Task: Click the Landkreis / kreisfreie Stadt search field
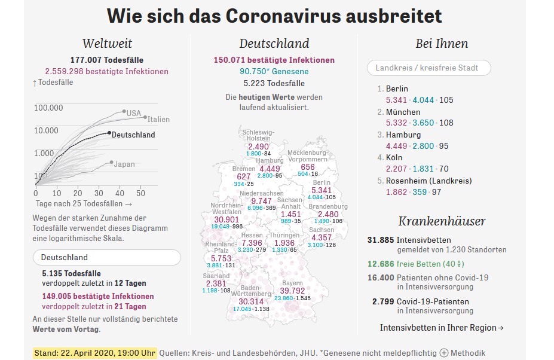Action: point(428,68)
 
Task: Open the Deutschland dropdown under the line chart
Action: point(106,258)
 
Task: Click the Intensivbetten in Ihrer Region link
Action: point(442,328)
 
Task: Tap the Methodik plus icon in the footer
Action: point(444,353)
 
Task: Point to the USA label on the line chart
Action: point(134,113)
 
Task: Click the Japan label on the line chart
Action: point(124,164)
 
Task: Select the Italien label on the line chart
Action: point(159,119)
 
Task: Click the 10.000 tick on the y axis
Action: point(48,130)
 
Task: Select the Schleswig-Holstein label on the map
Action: point(258,135)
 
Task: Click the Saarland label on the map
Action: point(216,276)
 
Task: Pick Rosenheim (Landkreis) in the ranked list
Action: point(428,181)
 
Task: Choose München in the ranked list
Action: point(403,112)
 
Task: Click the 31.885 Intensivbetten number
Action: point(381,240)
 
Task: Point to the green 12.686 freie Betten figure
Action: point(381,263)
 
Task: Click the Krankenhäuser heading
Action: point(442,221)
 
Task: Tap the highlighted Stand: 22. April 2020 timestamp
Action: point(94,353)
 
